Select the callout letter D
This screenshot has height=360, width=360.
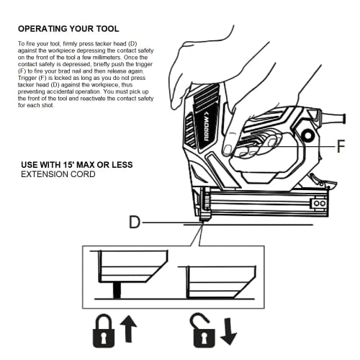point(133,223)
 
